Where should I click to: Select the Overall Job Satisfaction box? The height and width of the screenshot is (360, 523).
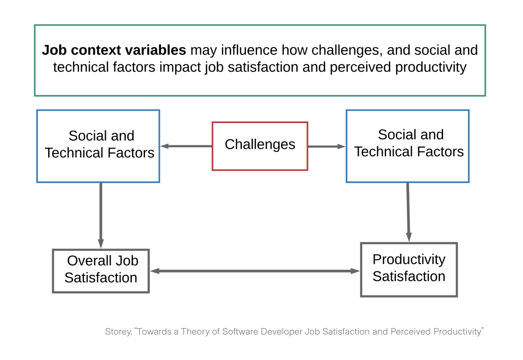pos(101,271)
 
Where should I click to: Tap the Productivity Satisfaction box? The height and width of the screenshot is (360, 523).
pos(409,269)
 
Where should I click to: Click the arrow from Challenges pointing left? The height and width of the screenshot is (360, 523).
pos(186,146)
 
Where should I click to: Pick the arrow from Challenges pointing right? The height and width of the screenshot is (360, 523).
pos(326,147)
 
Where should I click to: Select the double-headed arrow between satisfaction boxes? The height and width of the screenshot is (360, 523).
pos(255,271)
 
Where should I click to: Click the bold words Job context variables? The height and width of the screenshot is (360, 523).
pos(114,50)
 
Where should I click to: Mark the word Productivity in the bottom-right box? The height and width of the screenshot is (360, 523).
pos(409,259)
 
